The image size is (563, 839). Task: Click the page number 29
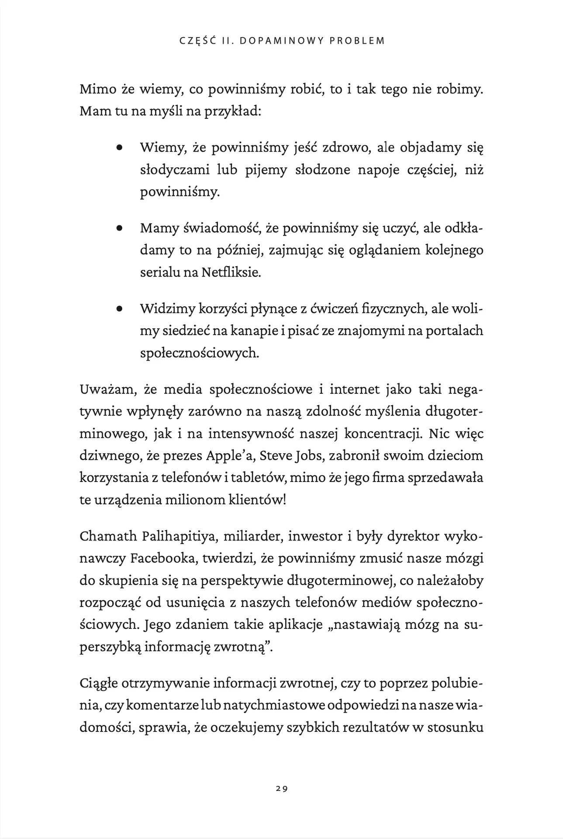tap(281, 789)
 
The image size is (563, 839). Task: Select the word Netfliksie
tap(231, 273)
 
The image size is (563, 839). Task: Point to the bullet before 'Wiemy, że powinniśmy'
tap(119, 148)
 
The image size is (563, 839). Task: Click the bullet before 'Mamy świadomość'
tap(119, 229)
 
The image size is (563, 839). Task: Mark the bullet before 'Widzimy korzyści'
tap(119, 309)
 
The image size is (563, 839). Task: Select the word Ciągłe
tap(99, 683)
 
